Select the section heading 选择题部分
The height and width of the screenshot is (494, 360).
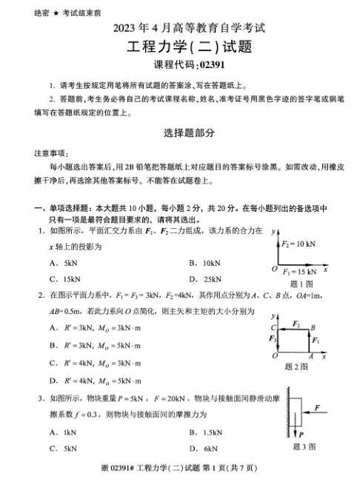tap(180, 133)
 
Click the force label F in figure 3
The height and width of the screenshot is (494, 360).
tap(316, 407)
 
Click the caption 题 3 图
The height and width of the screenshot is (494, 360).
tap(304, 447)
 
